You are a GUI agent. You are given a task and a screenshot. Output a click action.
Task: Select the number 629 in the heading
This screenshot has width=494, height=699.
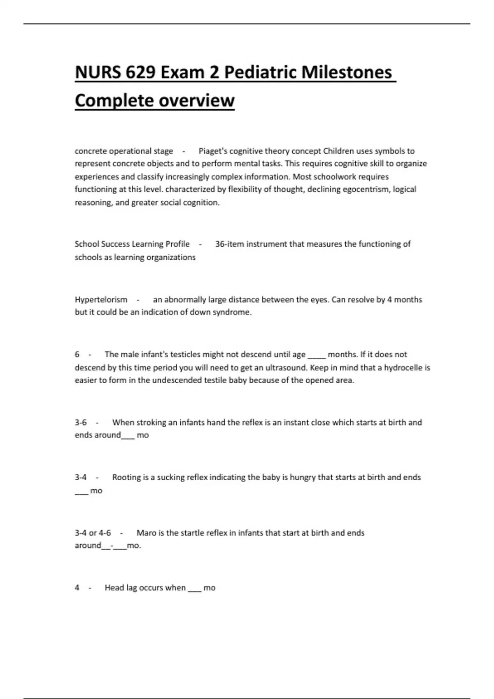pyautogui.click(x=141, y=72)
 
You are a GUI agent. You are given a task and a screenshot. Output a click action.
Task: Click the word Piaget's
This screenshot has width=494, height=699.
pyautogui.click(x=213, y=151)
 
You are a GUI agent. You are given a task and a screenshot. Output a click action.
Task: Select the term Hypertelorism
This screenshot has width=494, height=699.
pyautogui.click(x=101, y=299)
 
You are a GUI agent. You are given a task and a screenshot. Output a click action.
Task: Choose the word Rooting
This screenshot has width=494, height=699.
pyautogui.click(x=126, y=477)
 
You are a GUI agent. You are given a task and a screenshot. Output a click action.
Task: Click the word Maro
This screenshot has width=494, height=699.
pyautogui.click(x=146, y=533)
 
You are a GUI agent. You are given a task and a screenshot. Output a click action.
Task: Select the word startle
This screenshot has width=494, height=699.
pyautogui.click(x=191, y=533)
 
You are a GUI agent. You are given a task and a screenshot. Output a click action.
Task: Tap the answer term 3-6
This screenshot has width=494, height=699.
pyautogui.click(x=81, y=422)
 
